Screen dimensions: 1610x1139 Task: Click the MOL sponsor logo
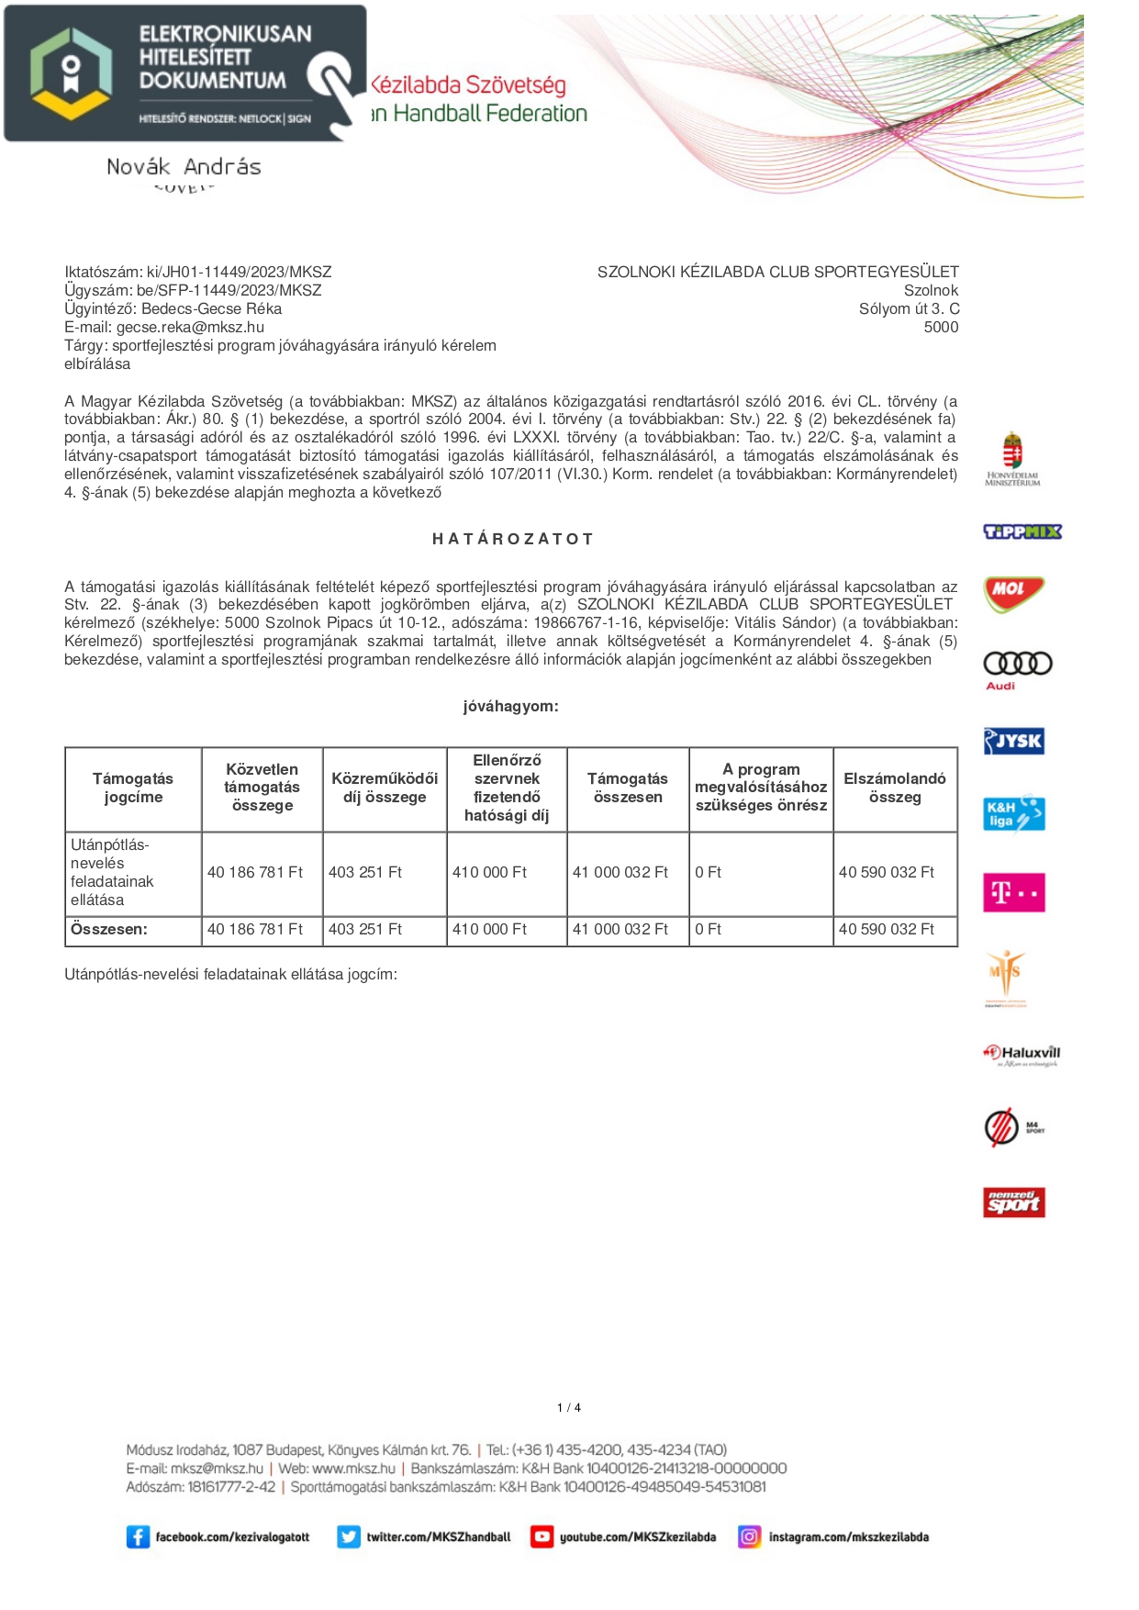[1013, 593]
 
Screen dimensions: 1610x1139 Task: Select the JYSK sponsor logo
[1013, 741]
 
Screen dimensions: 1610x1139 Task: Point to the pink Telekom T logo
[1013, 892]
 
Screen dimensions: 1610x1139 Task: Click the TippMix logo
[1022, 531]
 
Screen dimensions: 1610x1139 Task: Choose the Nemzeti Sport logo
[1013, 1202]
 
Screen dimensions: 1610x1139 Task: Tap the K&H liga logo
[1013, 813]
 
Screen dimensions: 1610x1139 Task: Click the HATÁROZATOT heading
[512, 539]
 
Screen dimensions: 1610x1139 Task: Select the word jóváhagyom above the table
[510, 706]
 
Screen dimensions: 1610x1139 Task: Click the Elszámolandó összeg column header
[894, 788]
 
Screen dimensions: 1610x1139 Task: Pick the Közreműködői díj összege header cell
[385, 788]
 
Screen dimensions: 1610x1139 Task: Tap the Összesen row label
[108, 929]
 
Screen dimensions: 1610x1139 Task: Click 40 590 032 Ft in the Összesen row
[886, 929]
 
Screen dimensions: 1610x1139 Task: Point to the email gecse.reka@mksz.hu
[190, 327]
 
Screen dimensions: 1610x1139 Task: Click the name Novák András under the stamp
[184, 167]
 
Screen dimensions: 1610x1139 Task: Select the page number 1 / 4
[569, 1407]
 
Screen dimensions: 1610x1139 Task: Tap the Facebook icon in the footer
[138, 1537]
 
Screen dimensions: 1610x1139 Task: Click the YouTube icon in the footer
[542, 1537]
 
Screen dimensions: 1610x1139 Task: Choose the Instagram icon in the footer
[750, 1537]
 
